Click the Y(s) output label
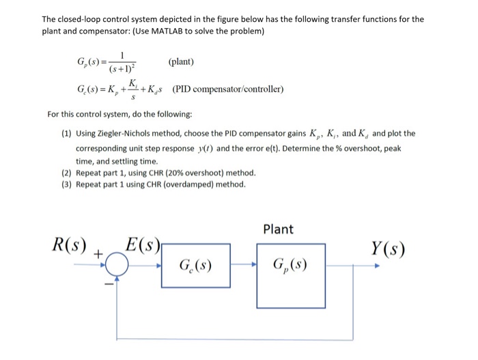[388, 249]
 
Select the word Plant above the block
[278, 229]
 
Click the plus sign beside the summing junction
[98, 254]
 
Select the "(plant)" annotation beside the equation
[181, 61]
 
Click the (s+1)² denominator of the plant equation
[124, 69]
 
